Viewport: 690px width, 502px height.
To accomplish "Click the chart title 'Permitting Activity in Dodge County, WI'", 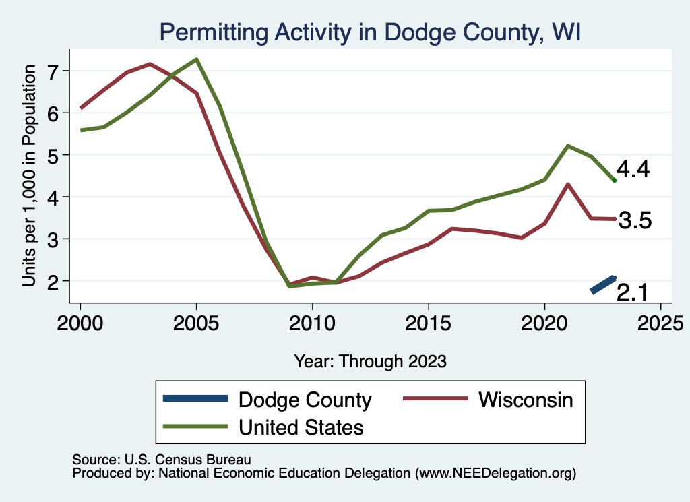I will [x=369, y=32].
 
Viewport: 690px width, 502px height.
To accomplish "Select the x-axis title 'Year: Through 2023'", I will [x=370, y=361].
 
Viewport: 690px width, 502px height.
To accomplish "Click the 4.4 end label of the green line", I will [x=633, y=170].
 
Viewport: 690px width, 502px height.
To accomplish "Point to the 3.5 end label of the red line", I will [x=635, y=220].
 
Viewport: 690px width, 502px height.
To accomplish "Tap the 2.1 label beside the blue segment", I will [x=633, y=292].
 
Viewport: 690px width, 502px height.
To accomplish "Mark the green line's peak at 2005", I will [x=196, y=59].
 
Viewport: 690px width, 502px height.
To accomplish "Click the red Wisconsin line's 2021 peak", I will [x=568, y=184].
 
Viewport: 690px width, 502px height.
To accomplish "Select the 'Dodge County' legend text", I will [x=305, y=400].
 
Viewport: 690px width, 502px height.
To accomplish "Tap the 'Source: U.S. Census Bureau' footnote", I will [x=161, y=460].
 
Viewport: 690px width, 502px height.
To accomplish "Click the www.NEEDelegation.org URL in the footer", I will [x=495, y=473].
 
